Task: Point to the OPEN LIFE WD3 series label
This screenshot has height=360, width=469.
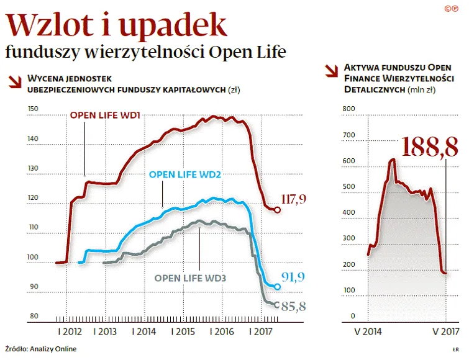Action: click(x=190, y=278)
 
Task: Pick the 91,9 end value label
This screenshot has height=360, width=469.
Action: click(x=294, y=277)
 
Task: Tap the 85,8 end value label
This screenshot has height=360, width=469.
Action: click(x=294, y=306)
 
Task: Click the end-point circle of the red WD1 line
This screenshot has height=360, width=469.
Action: click(x=277, y=210)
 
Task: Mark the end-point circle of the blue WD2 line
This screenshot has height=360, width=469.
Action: click(x=278, y=286)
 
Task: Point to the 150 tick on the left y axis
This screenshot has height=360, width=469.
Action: click(x=33, y=109)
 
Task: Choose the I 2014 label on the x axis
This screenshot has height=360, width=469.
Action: click(x=144, y=332)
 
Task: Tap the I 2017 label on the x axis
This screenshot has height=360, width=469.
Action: click(x=262, y=332)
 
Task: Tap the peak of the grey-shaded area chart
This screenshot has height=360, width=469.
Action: click(x=392, y=160)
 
